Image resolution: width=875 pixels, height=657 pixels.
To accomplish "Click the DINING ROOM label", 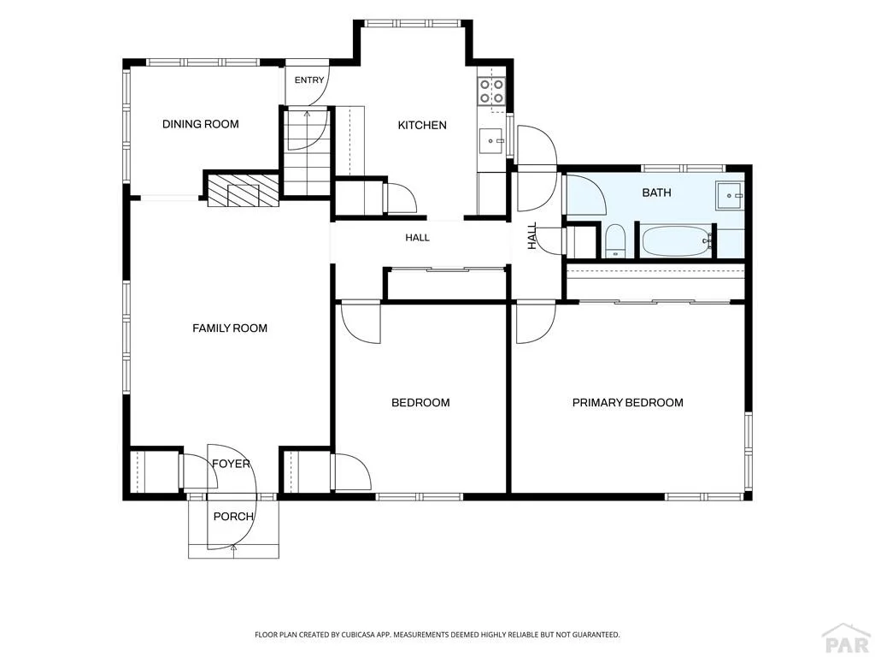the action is coord(200,124).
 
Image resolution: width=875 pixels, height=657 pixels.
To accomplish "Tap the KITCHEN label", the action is coord(422,125).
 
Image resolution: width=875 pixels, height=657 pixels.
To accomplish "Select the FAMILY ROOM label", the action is coord(230,328).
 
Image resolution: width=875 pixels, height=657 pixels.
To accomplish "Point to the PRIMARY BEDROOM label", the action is coord(628,403).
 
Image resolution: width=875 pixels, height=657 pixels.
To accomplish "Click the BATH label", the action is coord(657,192).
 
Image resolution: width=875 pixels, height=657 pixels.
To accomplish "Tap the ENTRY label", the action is coord(309,80).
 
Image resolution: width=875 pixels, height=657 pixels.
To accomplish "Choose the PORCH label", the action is coord(233,516).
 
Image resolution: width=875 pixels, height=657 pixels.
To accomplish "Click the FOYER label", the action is coord(231,464).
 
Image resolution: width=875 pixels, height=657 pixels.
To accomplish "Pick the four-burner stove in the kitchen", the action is coord(491,91).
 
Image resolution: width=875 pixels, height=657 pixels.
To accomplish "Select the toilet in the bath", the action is coord(616,241).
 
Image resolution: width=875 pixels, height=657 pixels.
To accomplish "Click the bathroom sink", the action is coord(731,196).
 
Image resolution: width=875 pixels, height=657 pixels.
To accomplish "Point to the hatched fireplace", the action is coord(243,191).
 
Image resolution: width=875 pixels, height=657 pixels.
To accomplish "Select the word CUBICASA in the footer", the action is coord(364,635).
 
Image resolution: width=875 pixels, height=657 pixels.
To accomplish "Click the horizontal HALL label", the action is coord(417,238).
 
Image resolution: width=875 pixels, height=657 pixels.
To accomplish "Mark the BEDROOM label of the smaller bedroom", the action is coord(420,403).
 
